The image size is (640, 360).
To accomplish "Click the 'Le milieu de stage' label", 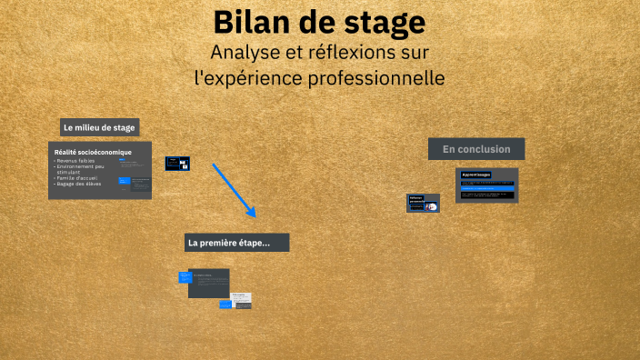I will click(99, 128).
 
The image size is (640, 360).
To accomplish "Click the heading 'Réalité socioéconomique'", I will click(93, 152).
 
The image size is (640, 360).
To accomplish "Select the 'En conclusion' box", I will click(475, 148).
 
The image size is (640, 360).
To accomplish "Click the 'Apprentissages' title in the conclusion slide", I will click(476, 175).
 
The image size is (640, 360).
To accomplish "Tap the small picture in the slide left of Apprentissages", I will click(431, 206).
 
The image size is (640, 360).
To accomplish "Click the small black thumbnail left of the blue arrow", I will click(177, 164).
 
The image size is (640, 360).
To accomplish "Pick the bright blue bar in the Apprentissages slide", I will click(487, 188).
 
